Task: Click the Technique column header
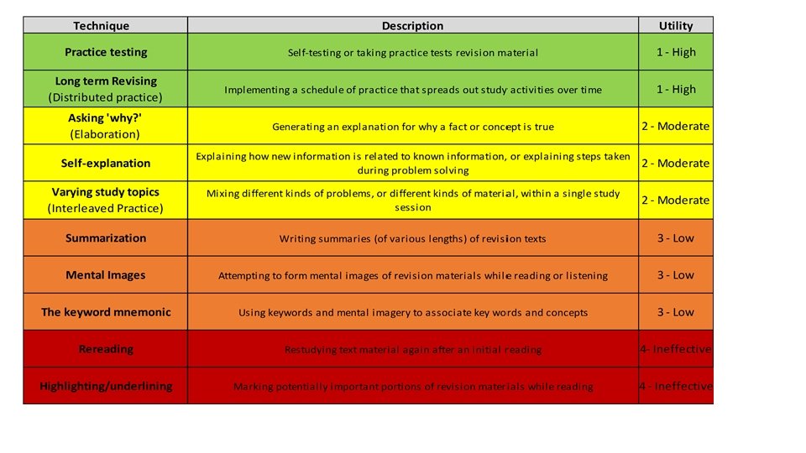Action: (105, 26)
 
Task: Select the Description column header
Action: (412, 26)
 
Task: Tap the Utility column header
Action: (676, 26)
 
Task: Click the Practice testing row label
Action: (106, 52)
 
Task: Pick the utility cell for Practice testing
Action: (676, 52)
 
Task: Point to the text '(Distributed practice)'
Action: (106, 97)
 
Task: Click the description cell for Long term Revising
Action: (412, 90)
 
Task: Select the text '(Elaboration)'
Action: (106, 134)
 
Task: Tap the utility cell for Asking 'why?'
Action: (676, 127)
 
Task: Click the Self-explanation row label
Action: (106, 164)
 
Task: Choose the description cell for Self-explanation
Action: (412, 164)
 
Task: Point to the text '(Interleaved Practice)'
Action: (106, 208)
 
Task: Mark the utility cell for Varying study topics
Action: (676, 200)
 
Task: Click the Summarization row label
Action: (106, 238)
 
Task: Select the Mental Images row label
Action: (106, 275)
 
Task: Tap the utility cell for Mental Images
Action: (676, 275)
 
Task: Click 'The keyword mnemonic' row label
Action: (106, 312)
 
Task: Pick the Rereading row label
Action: (106, 349)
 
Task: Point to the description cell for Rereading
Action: (412, 350)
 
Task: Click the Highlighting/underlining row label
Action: (106, 386)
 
